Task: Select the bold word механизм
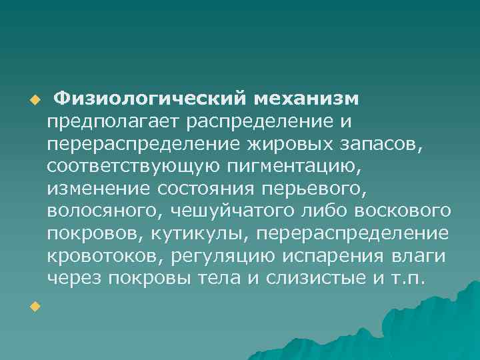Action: (x=306, y=99)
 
